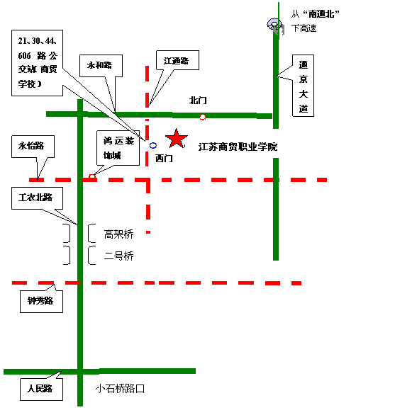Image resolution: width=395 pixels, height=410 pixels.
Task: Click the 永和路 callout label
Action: click(x=100, y=66)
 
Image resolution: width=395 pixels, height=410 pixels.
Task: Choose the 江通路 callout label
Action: click(x=176, y=62)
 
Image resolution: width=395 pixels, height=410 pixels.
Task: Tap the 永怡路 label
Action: click(x=31, y=147)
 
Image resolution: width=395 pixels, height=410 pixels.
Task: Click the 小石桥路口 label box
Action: click(x=123, y=389)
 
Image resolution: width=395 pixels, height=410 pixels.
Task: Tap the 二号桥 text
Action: click(x=118, y=256)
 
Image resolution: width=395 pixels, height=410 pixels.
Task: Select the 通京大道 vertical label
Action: click(x=304, y=85)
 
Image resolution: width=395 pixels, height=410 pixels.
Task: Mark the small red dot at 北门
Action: click(x=203, y=117)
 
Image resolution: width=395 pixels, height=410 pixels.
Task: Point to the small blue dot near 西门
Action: click(x=152, y=145)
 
